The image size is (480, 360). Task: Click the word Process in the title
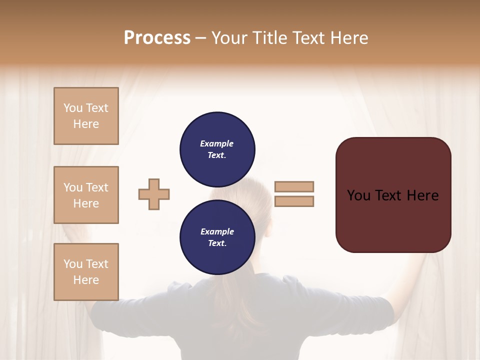[x=157, y=38]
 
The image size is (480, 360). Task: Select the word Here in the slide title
[x=349, y=38]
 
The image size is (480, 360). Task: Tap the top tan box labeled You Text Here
[x=86, y=116]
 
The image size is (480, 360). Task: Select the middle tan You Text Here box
[x=86, y=195]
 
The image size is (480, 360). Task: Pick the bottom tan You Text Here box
[x=86, y=272]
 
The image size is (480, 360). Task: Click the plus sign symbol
[x=154, y=194]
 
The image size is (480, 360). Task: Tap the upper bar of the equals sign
[x=294, y=186]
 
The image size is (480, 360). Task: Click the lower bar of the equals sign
[x=294, y=201]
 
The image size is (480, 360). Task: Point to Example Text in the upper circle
[x=217, y=149]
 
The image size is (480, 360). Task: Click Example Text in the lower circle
[x=217, y=237]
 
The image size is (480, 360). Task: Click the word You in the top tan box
[x=73, y=108]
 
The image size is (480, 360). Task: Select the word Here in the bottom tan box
[x=86, y=280]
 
